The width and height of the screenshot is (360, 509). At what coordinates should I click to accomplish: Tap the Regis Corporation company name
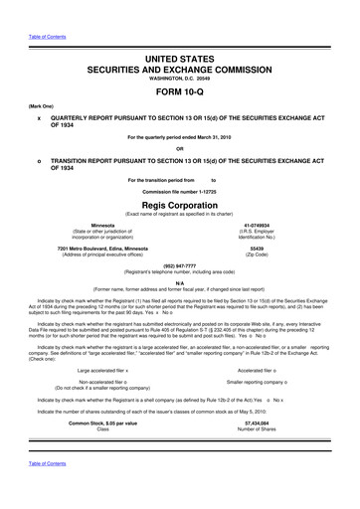(180, 200)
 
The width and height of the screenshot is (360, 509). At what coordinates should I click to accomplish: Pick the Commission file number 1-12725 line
(180, 189)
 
